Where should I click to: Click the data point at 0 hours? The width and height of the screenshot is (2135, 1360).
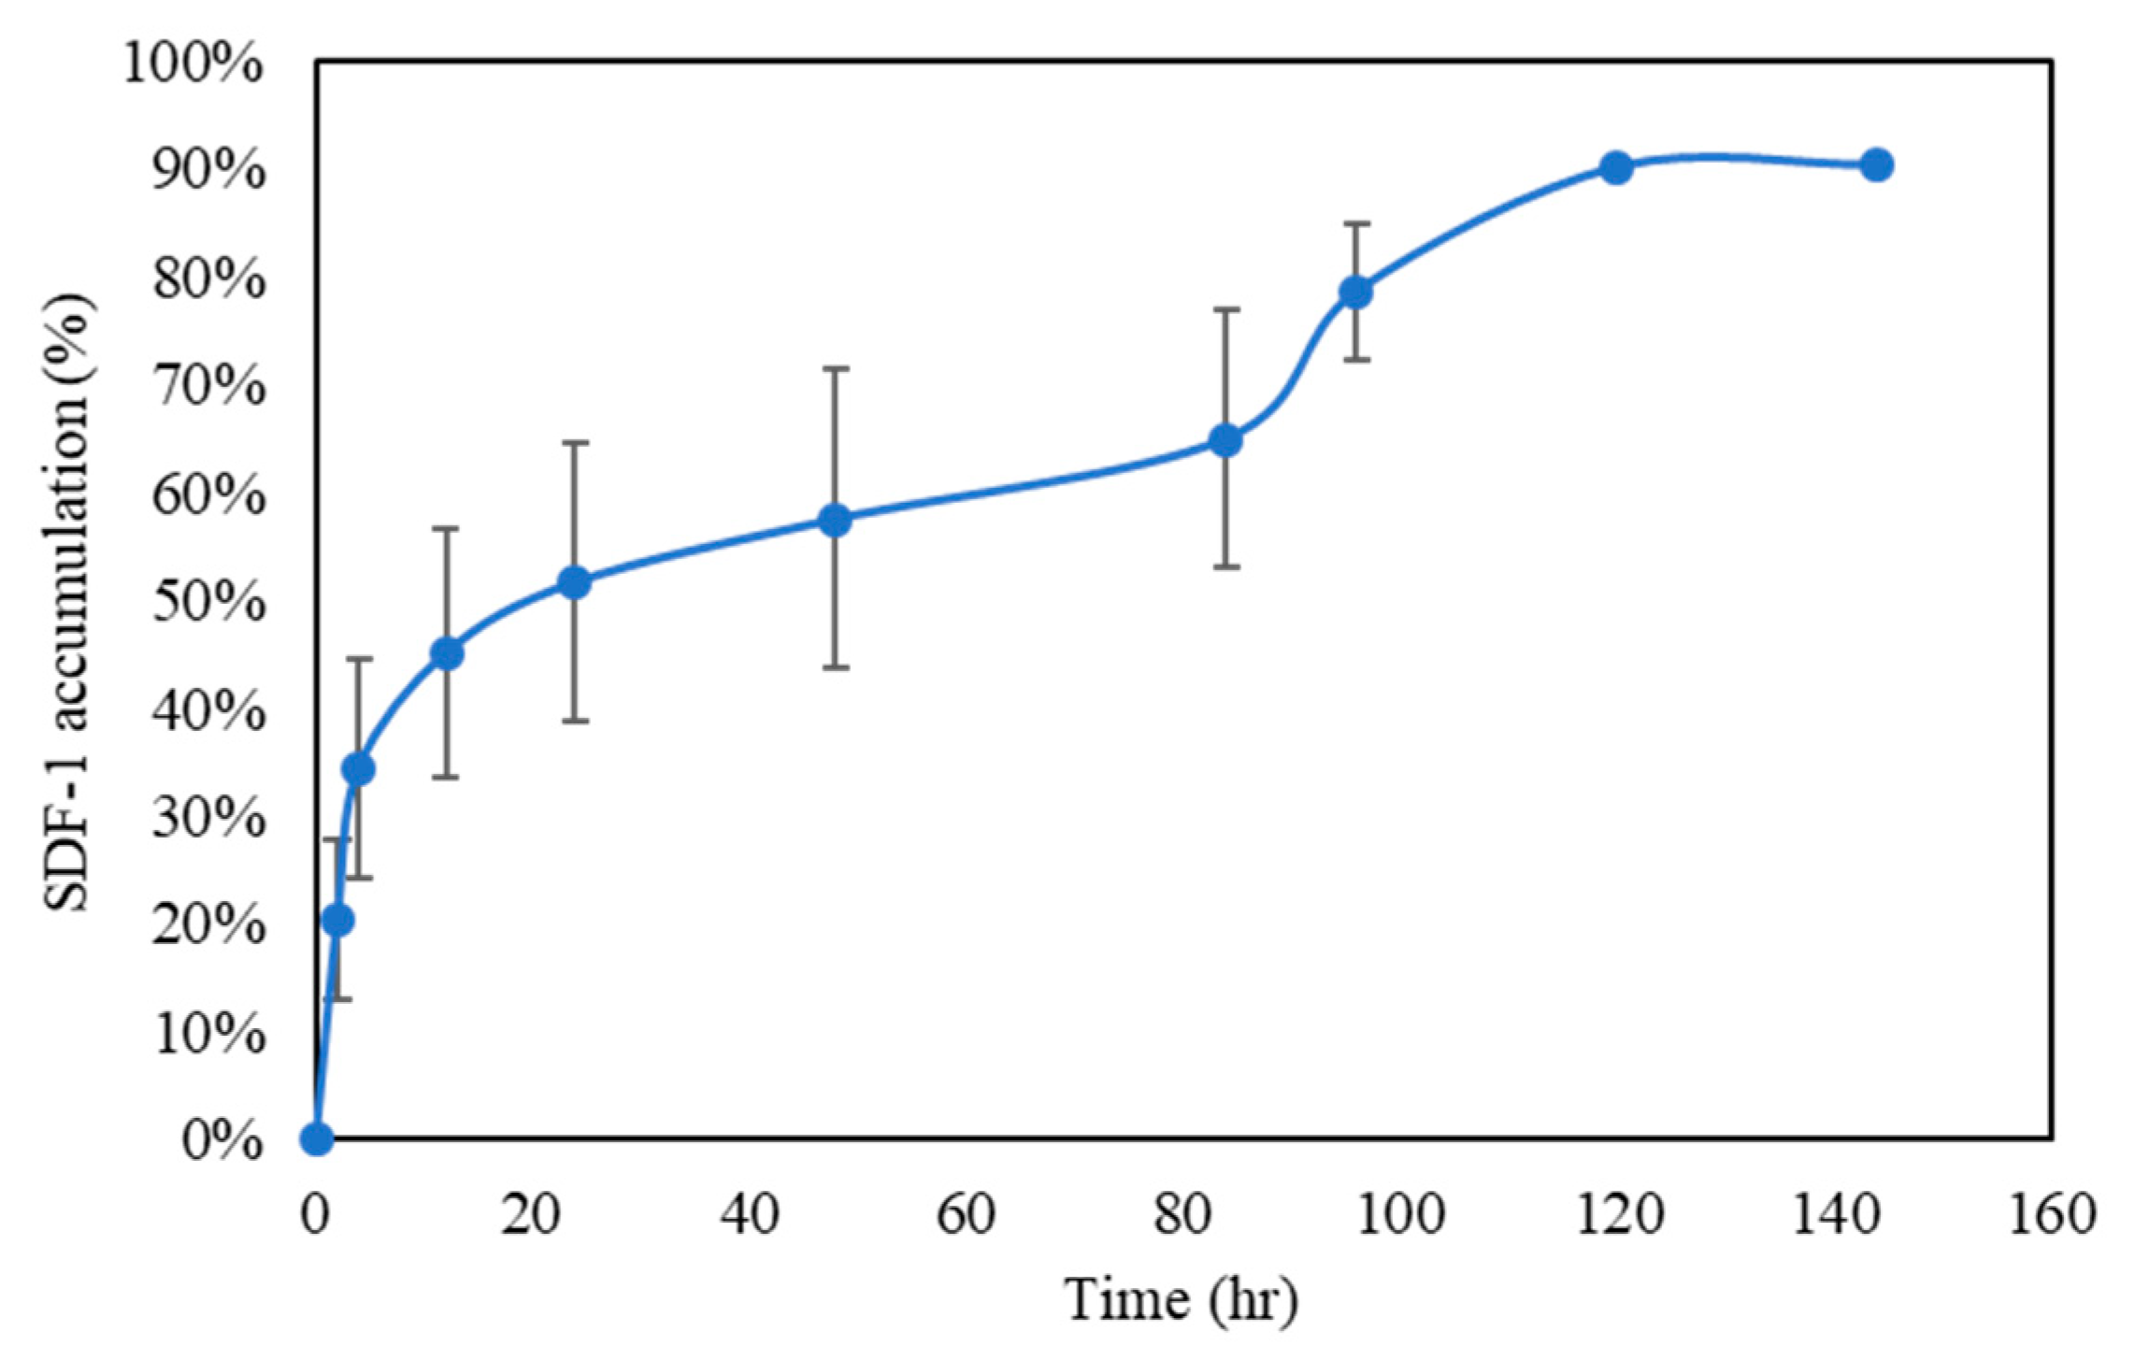(x=317, y=1138)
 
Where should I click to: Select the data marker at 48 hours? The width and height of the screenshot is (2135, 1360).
(x=835, y=521)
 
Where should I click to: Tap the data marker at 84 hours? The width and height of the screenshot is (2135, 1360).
(x=1225, y=440)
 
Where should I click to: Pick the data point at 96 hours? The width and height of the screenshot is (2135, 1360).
(x=1355, y=292)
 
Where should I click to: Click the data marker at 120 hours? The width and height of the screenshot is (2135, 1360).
(x=1615, y=168)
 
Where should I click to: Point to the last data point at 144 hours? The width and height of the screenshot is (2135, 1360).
(x=1876, y=165)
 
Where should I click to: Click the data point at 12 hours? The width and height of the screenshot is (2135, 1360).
(x=447, y=653)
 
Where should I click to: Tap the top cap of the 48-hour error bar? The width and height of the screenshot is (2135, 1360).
(x=835, y=368)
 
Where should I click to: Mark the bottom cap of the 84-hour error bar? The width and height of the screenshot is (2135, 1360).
(x=1225, y=567)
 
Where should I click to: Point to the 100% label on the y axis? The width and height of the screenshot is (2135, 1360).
(x=193, y=66)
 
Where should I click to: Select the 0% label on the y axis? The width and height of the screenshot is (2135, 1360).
(x=222, y=1141)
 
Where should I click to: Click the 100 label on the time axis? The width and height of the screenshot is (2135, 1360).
(x=1398, y=1215)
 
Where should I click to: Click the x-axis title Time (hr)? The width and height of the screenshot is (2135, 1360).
(x=1182, y=1299)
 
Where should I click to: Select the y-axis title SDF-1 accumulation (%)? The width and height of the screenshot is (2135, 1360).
(x=70, y=603)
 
